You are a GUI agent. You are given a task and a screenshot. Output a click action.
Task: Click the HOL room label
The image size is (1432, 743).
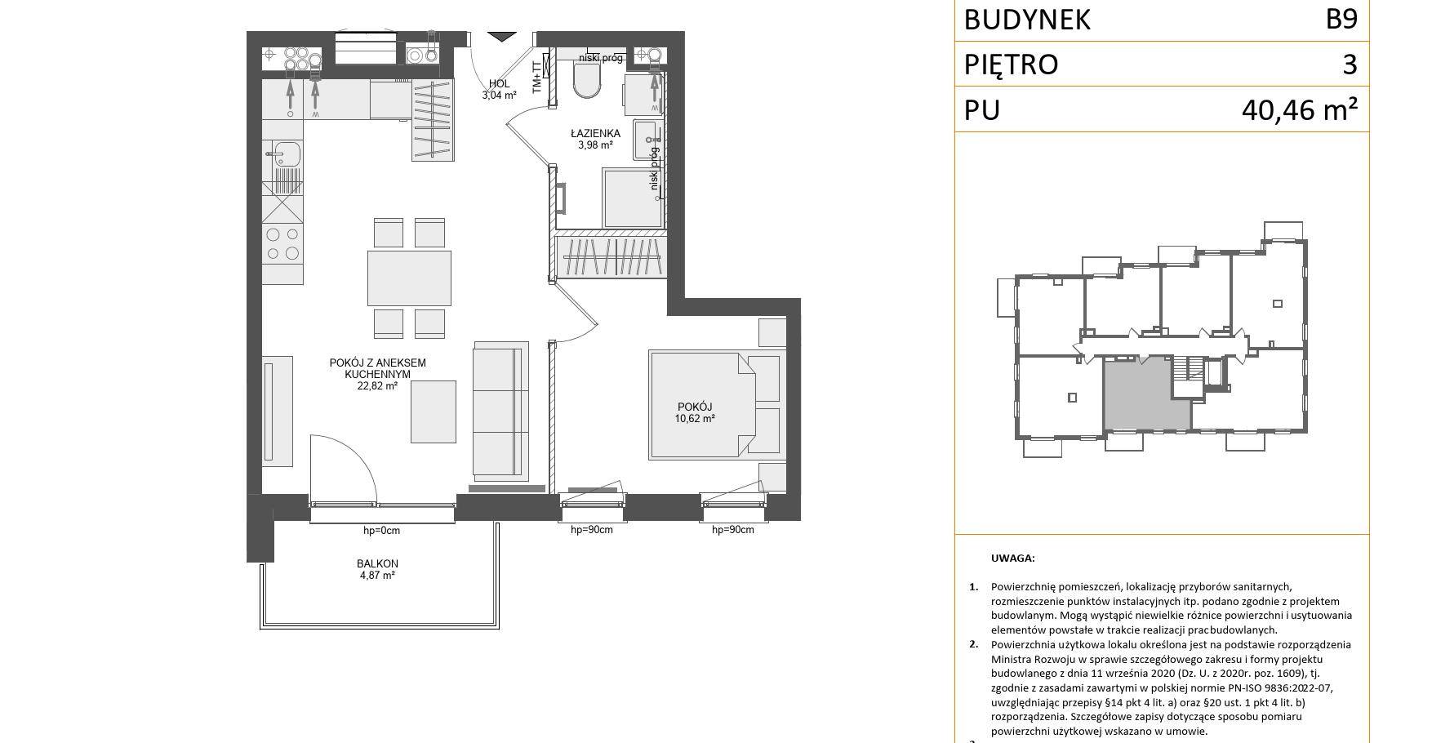coord(499,83)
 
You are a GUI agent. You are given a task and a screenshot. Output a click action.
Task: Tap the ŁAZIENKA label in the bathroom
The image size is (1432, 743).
coord(595,133)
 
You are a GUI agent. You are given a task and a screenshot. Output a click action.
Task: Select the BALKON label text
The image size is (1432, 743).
coord(377,563)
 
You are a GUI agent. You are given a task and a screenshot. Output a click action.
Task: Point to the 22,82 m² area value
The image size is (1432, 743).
coord(377,386)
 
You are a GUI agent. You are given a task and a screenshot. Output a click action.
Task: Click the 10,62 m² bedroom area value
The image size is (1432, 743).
coord(695,419)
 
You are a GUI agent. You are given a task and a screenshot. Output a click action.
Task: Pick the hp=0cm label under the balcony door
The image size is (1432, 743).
coord(381,531)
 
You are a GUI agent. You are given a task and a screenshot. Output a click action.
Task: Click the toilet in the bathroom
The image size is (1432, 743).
coord(587,80)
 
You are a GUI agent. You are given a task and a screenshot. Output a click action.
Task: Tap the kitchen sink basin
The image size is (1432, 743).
coord(287,153)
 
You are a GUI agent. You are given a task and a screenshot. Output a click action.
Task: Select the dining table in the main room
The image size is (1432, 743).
coord(409,278)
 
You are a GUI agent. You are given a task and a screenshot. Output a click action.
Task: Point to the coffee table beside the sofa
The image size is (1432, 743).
coord(433,412)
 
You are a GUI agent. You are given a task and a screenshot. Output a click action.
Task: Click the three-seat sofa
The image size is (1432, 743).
coord(500,411)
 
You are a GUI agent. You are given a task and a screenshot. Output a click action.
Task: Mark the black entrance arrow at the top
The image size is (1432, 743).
coord(502,37)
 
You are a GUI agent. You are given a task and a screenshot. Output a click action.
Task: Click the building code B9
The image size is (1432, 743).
coord(1341,19)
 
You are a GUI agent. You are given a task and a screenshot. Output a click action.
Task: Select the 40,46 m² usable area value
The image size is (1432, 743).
coord(1300,109)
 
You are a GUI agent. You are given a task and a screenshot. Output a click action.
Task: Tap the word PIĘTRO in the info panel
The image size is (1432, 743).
coord(1011,64)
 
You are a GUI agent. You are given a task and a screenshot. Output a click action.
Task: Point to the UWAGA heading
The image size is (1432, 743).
coord(1012,558)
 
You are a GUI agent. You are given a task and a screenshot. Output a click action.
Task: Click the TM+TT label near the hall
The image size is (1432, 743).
coord(536,78)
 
